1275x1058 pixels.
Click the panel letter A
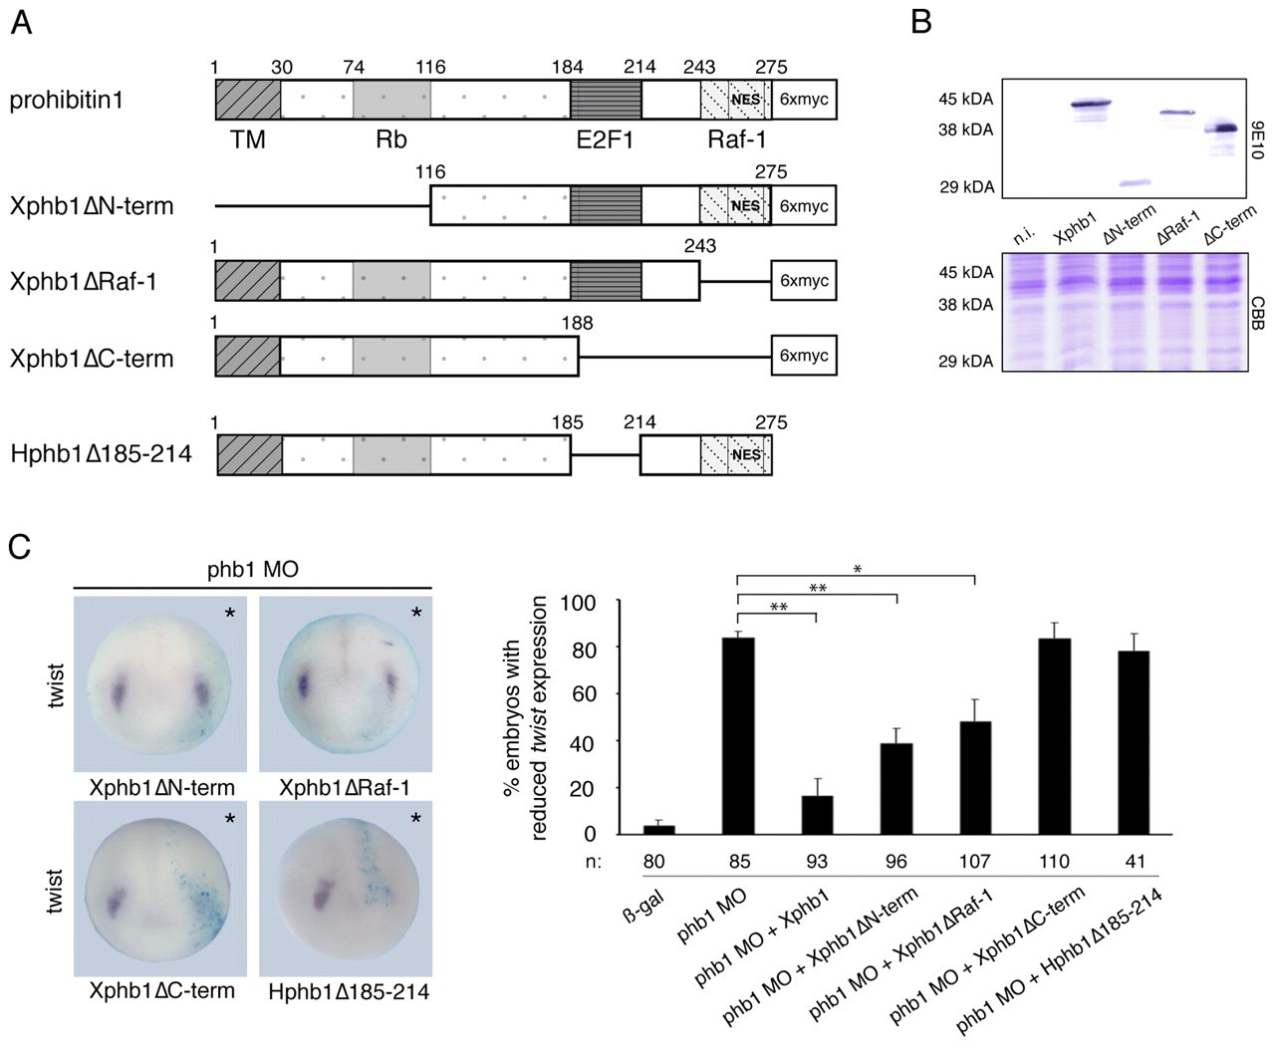(21, 21)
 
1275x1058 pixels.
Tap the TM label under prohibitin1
(248, 139)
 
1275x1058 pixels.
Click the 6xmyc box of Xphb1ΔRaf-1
(804, 282)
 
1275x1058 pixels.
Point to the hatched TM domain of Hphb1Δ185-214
(249, 454)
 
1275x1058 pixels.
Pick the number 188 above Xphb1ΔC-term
(577, 323)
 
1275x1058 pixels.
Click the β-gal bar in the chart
(659, 829)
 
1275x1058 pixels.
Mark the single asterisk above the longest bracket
(858, 570)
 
